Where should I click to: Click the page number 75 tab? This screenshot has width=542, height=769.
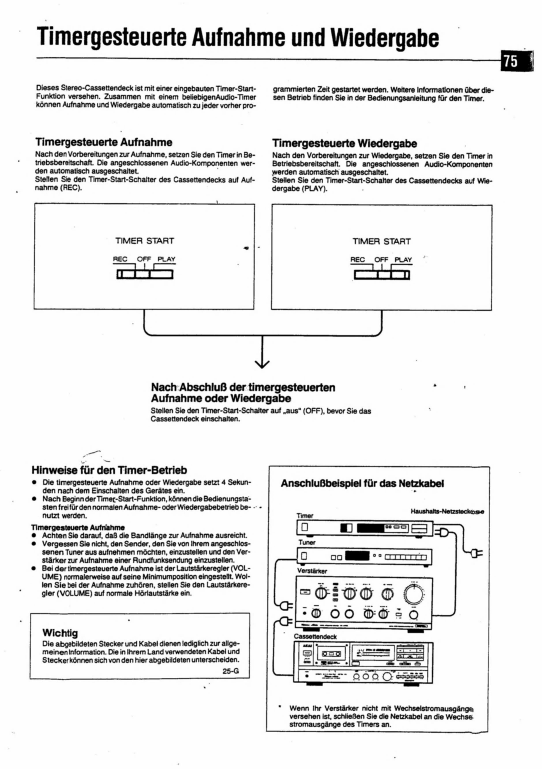(x=512, y=61)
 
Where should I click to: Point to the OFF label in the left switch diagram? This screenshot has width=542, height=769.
(x=144, y=259)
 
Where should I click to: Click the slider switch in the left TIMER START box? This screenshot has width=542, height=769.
(x=145, y=274)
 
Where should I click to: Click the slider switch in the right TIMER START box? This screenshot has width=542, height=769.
(x=382, y=275)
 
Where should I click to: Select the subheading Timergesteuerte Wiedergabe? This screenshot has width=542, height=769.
(x=345, y=144)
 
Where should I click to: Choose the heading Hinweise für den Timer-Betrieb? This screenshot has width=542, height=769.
(x=109, y=470)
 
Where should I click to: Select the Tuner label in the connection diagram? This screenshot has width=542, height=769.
(x=307, y=542)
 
